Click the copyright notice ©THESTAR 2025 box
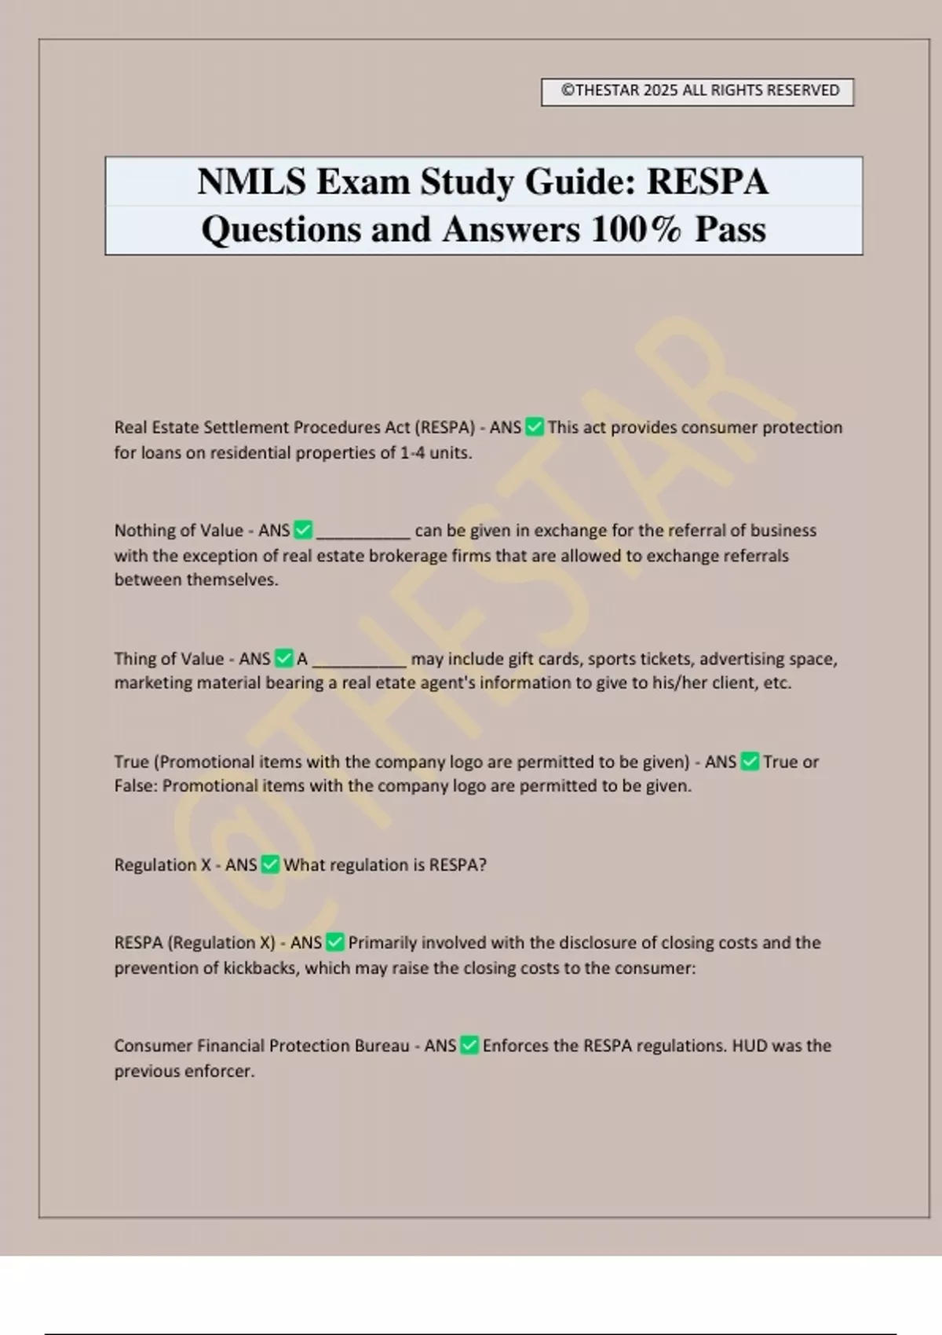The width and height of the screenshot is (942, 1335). tap(697, 91)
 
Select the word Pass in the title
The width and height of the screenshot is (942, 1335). tap(730, 230)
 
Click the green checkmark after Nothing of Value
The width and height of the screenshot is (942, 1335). tap(303, 531)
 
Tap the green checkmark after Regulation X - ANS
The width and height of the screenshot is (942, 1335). tap(270, 865)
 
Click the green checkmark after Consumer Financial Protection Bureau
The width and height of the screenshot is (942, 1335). tap(469, 1045)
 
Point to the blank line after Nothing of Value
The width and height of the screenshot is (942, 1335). tap(363, 534)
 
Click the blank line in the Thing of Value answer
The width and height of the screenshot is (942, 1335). tap(360, 662)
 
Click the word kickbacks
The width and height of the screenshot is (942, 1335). tap(261, 968)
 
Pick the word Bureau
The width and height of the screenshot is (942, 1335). tap(382, 1046)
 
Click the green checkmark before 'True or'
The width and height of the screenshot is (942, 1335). tap(750, 762)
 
